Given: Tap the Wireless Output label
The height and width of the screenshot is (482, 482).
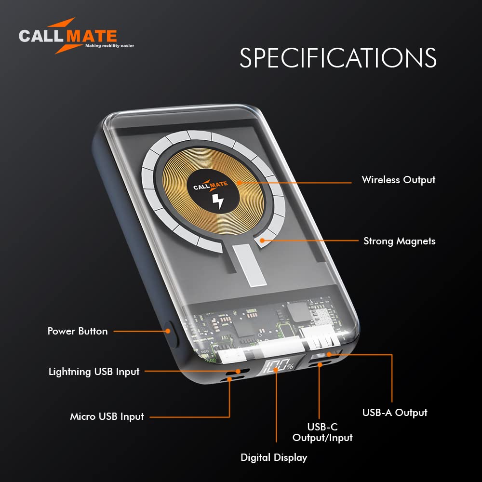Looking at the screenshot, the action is pos(399,180).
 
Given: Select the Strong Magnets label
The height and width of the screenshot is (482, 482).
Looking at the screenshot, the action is pos(399,241).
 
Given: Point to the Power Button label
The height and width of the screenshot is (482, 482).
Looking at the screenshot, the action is pos(78,331).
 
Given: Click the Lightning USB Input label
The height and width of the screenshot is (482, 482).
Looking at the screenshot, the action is pos(94,372).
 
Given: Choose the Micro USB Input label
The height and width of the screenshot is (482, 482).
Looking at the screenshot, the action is pos(107,416).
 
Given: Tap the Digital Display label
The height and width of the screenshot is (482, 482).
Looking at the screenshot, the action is pos(274,458).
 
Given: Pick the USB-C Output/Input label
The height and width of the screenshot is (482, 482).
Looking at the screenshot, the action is pos(322,432).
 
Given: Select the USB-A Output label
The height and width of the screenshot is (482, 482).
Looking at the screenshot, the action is pos(395,413).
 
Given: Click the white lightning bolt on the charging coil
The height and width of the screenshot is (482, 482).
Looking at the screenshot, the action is pos(218,201).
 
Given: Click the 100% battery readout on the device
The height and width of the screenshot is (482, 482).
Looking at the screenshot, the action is pos(279,366).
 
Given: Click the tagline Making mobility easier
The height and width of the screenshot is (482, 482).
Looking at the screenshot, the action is pos(110,46).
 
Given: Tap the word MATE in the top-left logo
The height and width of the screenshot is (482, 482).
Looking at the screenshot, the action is pos(92,36).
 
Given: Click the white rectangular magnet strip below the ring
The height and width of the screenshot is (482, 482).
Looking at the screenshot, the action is pos(249,265).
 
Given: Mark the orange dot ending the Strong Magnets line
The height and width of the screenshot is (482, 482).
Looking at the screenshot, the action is pos(262,241).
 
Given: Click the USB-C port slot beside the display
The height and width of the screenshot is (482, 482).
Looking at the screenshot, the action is pos(320,364).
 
